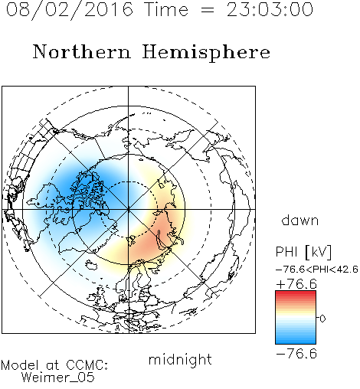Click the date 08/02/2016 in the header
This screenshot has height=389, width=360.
coord(70,10)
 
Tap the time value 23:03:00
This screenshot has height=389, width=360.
coord(270,9)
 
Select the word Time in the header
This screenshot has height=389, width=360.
coord(166,9)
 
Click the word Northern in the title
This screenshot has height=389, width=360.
coord(82,51)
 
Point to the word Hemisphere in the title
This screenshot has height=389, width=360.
coord(206,53)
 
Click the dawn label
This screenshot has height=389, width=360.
coord(300,220)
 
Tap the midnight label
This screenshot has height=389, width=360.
coord(180,359)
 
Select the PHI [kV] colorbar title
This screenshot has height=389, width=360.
coord(303,252)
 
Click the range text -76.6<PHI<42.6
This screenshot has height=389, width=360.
coord(317,270)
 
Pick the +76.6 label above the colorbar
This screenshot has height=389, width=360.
coord(296,284)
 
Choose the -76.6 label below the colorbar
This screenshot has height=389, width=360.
coord(296,354)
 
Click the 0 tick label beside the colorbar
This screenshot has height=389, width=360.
coord(322,319)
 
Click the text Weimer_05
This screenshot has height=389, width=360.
coord(57,378)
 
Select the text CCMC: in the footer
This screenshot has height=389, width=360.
coord(87,365)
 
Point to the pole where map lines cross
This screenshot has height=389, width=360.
coord(128,209)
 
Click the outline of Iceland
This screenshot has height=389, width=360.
coord(91,264)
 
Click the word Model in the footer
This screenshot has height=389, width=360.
coord(20,365)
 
